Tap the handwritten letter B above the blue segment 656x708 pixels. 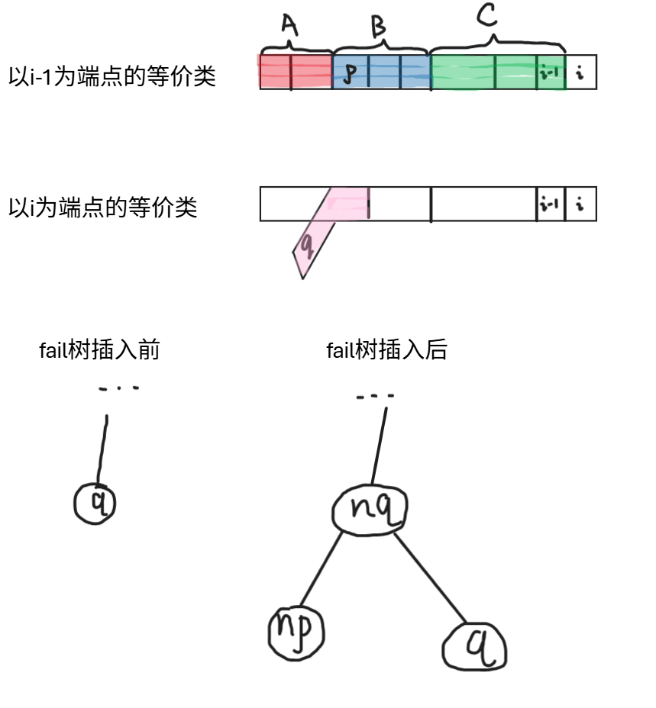(378, 27)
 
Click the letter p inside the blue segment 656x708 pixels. (350, 73)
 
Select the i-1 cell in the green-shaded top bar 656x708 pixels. (550, 73)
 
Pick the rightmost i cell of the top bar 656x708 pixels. (580, 73)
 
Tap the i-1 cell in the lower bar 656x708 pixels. (550, 204)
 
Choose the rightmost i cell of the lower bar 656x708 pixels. (580, 204)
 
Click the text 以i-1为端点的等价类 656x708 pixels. (112, 76)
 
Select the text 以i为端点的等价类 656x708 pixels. (102, 207)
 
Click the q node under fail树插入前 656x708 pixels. (95, 503)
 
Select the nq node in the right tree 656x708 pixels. (370, 509)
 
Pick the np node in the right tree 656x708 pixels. (296, 632)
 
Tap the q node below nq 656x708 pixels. (474, 648)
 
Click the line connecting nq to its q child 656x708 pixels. (431, 578)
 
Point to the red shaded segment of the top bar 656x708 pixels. (296, 72)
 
